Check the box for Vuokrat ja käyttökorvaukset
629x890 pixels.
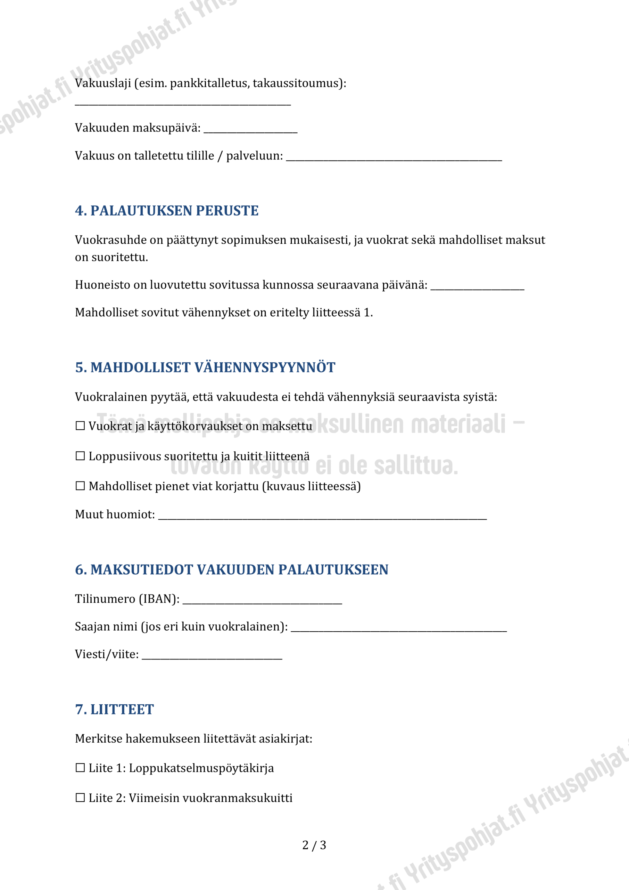point(80,426)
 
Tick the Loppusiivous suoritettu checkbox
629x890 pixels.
point(80,456)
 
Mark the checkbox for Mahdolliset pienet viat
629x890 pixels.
point(80,486)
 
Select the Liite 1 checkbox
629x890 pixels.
point(80,768)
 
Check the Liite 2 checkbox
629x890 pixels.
point(80,798)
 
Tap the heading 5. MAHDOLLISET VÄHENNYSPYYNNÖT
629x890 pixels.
point(205,367)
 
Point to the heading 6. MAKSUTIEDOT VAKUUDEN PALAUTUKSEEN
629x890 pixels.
point(231,569)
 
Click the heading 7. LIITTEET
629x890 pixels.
point(114,709)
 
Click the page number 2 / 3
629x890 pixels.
point(314,845)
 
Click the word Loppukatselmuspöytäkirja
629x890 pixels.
point(201,768)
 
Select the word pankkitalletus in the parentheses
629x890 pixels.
point(209,83)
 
